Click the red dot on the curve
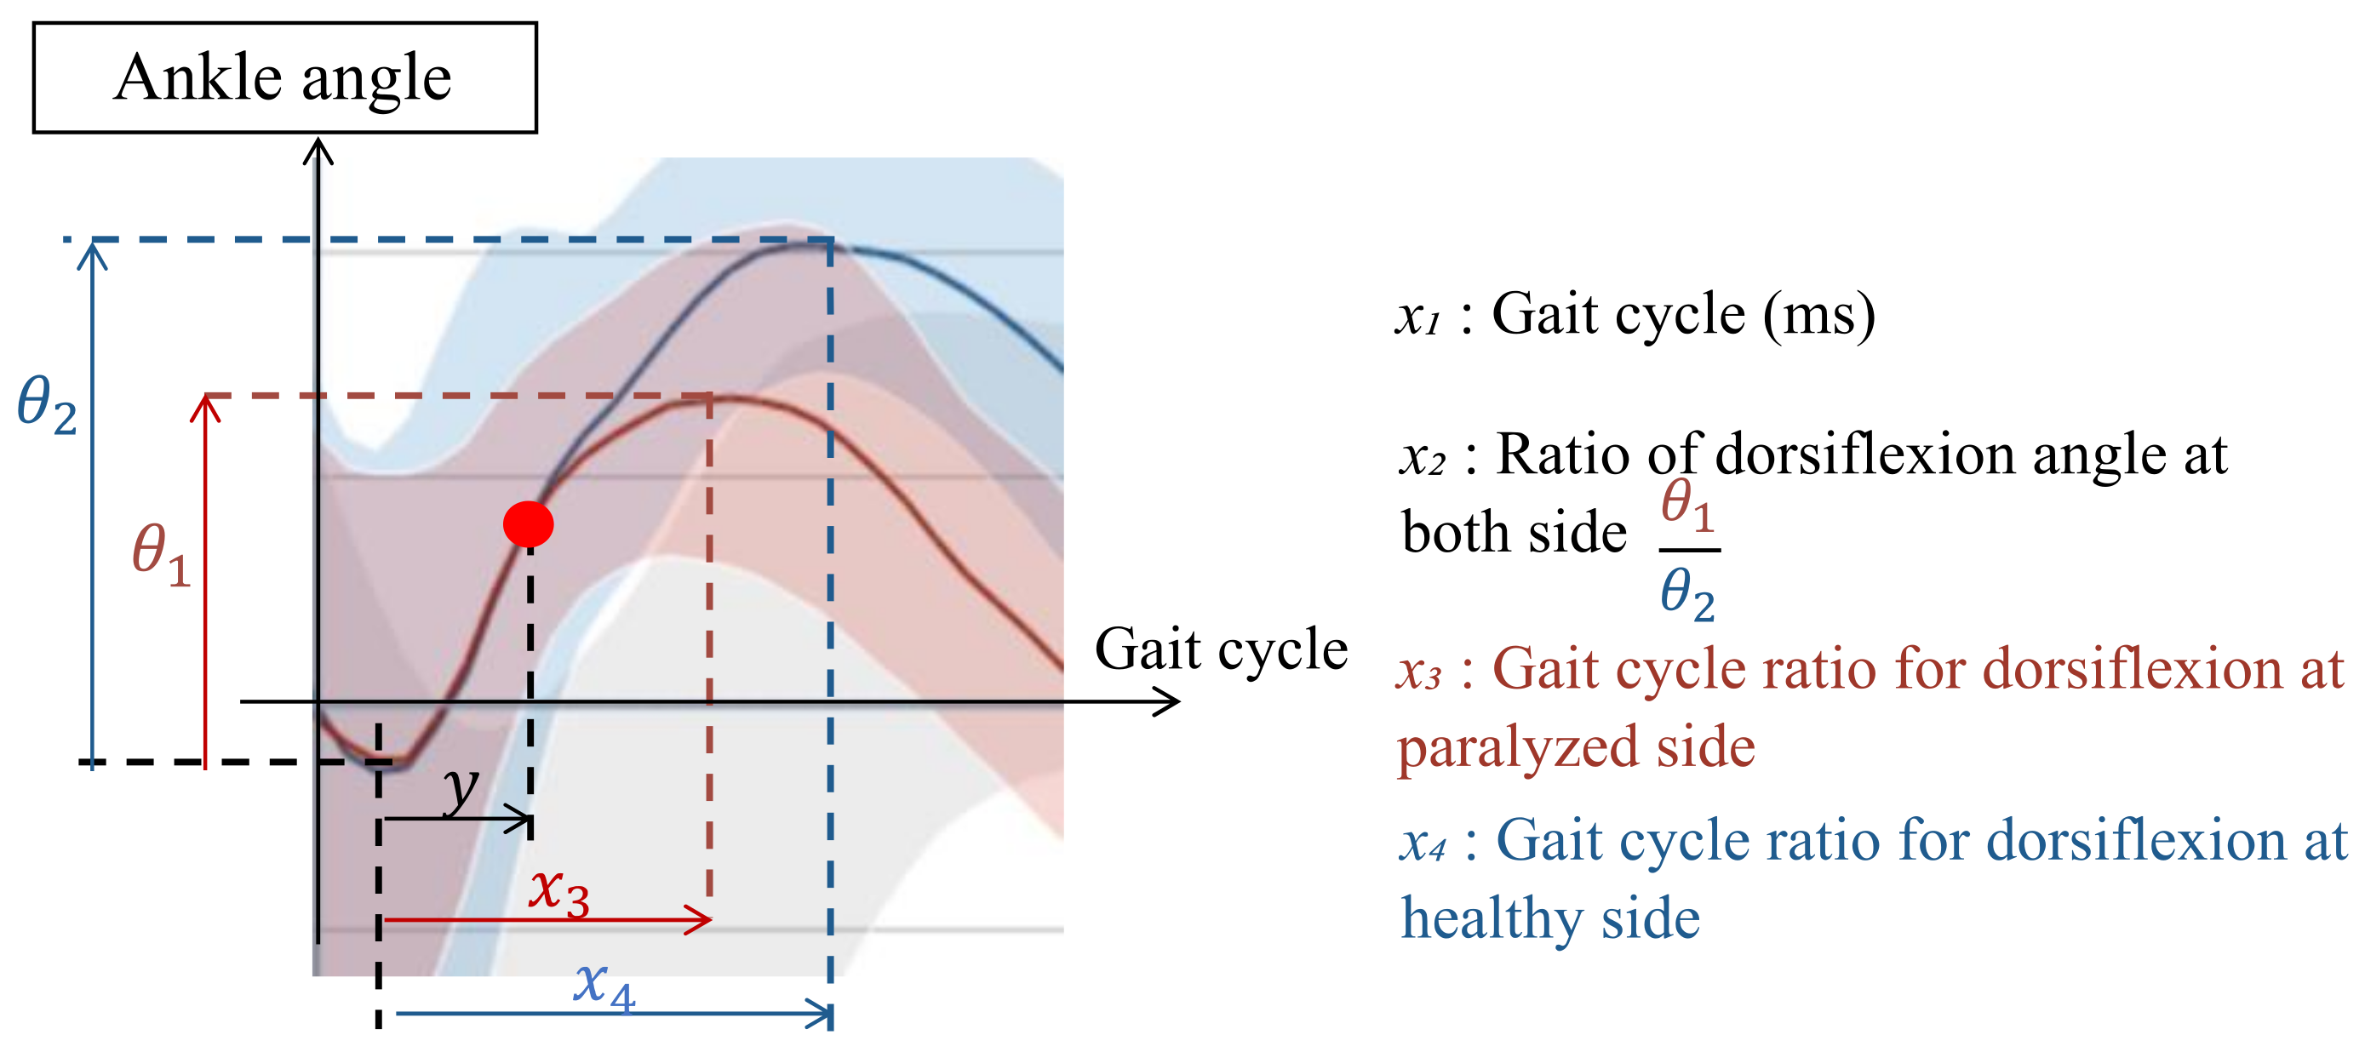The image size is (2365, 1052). tap(528, 524)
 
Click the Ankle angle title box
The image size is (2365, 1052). tap(284, 78)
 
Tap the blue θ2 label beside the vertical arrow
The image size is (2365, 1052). tap(46, 405)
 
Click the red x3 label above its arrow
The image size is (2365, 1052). tap(559, 890)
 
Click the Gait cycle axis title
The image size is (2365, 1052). tap(1220, 650)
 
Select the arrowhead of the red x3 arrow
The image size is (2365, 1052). tap(703, 919)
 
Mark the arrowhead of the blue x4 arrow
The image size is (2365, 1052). tap(823, 1015)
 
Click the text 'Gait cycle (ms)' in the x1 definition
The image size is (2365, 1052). tap(1682, 316)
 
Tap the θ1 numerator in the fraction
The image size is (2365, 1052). tap(1687, 506)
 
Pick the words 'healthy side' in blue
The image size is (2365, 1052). tap(1549, 919)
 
